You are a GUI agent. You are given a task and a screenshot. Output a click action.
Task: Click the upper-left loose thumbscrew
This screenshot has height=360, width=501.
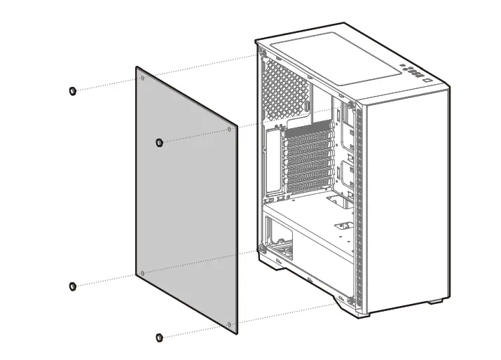(x=72, y=91)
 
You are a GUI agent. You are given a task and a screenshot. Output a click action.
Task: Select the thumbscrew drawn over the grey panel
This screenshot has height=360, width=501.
(x=160, y=142)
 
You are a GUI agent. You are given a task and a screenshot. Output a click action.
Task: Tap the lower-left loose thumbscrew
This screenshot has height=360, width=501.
(x=72, y=286)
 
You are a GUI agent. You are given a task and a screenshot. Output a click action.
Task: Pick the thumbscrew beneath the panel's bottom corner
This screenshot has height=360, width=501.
(x=160, y=338)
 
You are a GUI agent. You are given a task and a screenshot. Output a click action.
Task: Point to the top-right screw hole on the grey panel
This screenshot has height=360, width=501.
(x=231, y=129)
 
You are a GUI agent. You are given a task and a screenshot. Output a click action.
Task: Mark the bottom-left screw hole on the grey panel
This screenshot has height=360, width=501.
(x=142, y=272)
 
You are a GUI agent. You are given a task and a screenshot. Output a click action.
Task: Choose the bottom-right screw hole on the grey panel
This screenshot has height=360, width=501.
(x=231, y=323)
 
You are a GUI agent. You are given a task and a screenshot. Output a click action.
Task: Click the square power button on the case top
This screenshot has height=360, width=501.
(x=426, y=79)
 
